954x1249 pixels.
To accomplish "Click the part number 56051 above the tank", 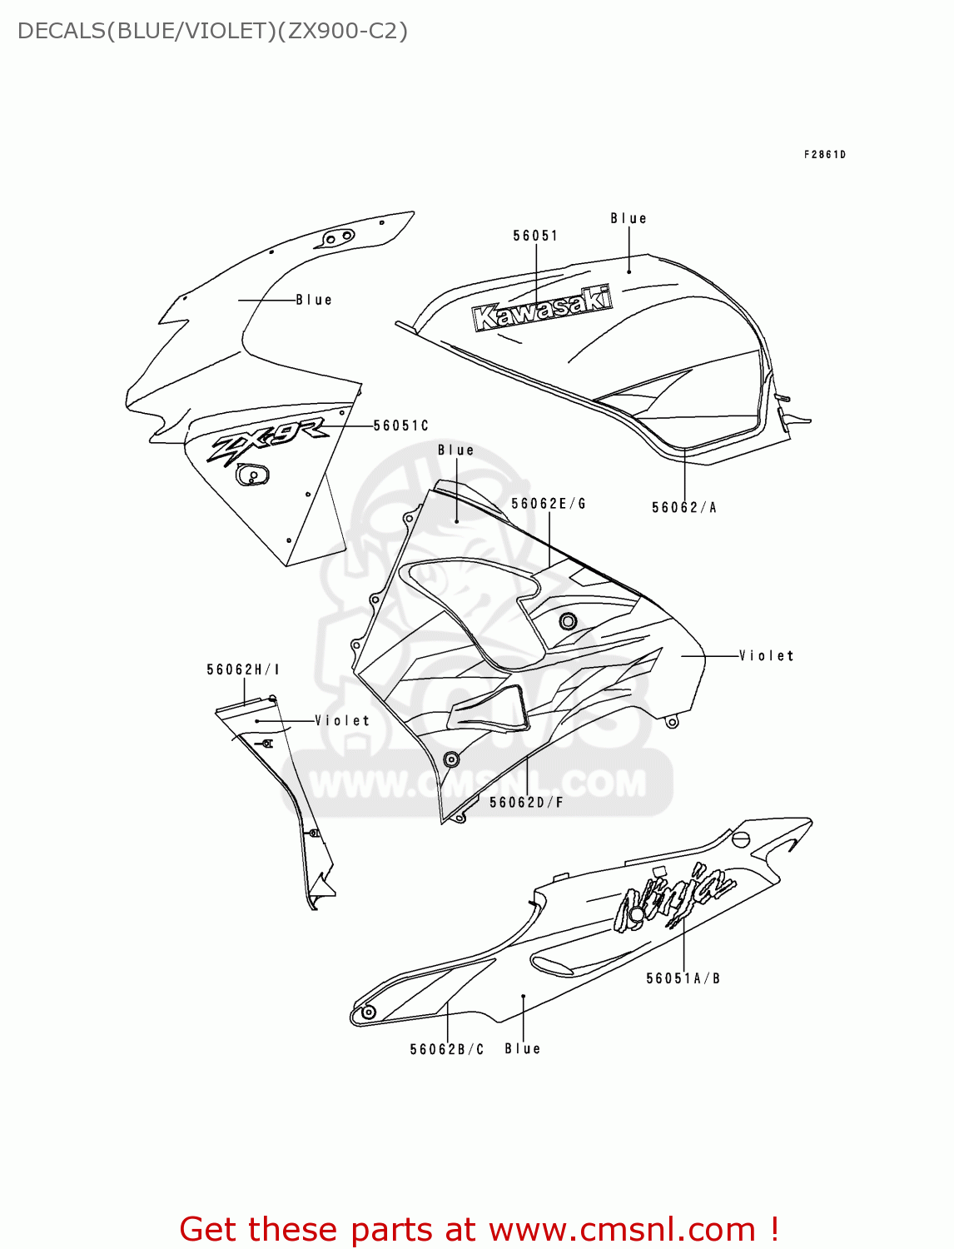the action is click(x=535, y=236).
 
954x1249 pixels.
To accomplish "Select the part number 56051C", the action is click(x=400, y=425).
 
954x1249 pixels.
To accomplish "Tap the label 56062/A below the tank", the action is click(x=683, y=507).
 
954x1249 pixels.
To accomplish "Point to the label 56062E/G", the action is click(x=549, y=503).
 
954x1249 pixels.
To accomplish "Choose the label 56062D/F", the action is click(x=526, y=802).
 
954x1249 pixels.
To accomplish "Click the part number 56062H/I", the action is click(x=243, y=669).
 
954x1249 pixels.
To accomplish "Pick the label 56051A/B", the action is click(x=683, y=978).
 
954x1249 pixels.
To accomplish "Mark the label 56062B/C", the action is click(x=447, y=1049).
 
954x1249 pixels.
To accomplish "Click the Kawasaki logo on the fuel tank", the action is click(x=542, y=309).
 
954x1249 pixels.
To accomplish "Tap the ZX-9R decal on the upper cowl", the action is click(x=266, y=441).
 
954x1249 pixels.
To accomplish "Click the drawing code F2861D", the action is click(x=824, y=154).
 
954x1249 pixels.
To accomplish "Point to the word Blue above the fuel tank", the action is click(x=629, y=218).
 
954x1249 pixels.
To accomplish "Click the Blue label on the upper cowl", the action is click(x=314, y=300).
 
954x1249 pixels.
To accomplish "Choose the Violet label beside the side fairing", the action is click(x=766, y=655).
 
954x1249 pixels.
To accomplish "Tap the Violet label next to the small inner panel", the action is click(x=342, y=720).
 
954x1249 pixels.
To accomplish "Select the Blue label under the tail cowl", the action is click(x=523, y=1049).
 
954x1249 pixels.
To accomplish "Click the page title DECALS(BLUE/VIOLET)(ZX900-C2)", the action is click(x=212, y=31).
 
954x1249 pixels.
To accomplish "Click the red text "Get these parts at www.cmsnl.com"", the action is click(x=479, y=1229).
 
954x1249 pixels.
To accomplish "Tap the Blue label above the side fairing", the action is click(x=456, y=450).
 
